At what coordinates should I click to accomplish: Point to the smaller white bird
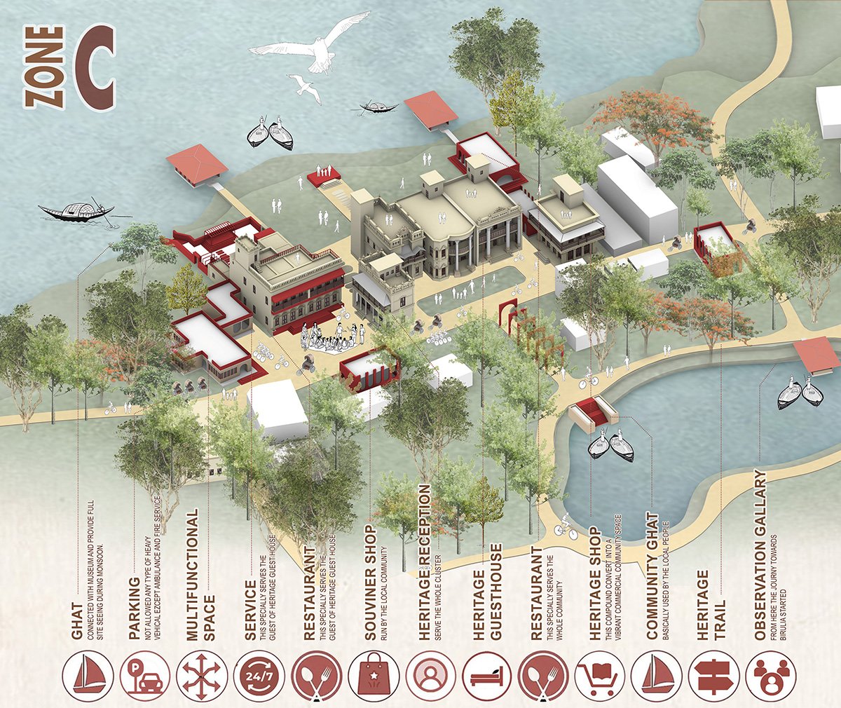click(303, 85)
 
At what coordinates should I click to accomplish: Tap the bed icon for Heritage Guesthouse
click(486, 676)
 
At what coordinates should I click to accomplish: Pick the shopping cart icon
click(601, 676)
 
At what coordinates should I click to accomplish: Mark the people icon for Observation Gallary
click(771, 676)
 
